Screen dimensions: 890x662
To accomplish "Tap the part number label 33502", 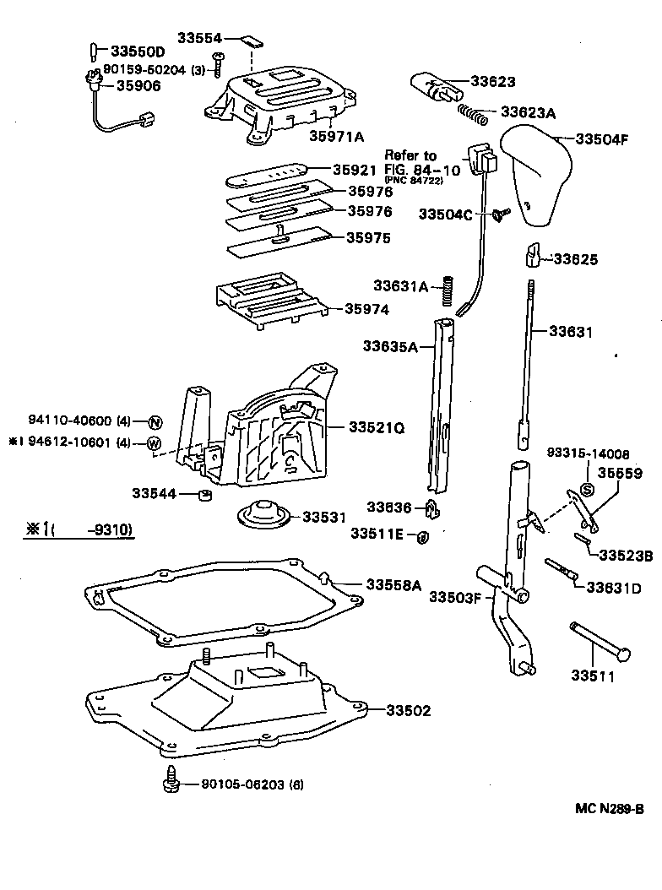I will (409, 711).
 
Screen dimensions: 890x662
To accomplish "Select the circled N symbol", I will (155, 422).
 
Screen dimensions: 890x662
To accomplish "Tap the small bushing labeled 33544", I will (203, 493).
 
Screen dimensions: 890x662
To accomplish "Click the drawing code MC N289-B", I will (609, 808).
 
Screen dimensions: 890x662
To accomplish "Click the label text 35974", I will (366, 310).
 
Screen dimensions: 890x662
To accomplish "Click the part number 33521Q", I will (376, 428).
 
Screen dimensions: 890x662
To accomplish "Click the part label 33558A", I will (393, 584).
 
